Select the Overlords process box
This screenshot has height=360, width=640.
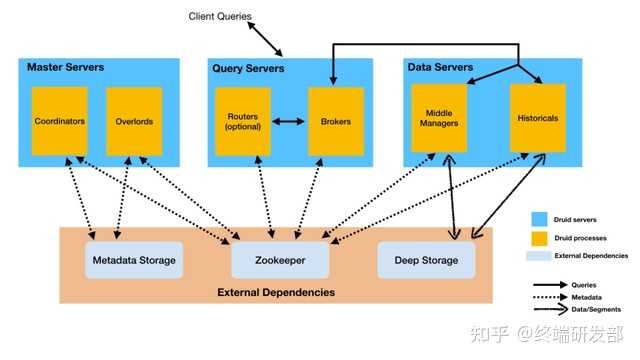pyautogui.click(x=133, y=121)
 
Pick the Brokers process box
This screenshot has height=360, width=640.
pyautogui.click(x=335, y=121)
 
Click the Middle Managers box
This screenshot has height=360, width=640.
pyautogui.click(x=440, y=120)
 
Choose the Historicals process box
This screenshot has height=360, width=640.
pyautogui.click(x=538, y=118)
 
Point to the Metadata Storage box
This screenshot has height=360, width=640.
pyautogui.click(x=133, y=260)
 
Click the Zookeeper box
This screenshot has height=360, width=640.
pyautogui.click(x=280, y=260)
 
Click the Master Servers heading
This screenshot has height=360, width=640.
pyautogui.click(x=66, y=67)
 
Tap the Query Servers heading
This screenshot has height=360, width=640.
pyautogui.click(x=248, y=68)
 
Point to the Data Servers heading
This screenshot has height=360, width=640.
pyautogui.click(x=441, y=67)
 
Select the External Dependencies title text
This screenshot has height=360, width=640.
pyautogui.click(x=275, y=292)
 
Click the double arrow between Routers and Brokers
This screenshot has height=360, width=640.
pyautogui.click(x=289, y=122)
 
